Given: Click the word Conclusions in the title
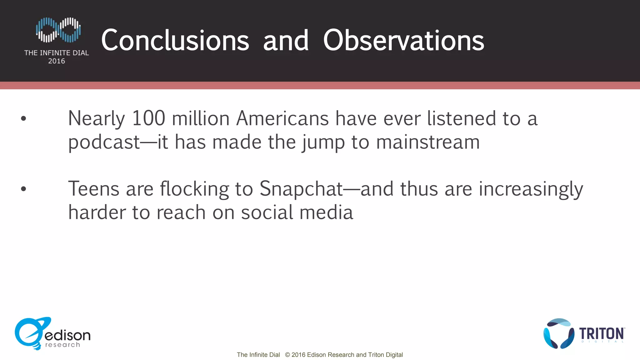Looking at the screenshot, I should click(x=175, y=41).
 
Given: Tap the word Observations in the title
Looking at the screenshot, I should click(x=403, y=41).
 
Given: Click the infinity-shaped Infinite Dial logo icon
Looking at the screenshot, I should click(x=58, y=30).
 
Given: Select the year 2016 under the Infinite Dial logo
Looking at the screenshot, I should click(x=57, y=61).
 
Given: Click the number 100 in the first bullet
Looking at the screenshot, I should click(x=148, y=118).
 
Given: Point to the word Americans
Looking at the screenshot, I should click(x=282, y=118).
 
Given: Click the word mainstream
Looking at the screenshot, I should click(x=428, y=142).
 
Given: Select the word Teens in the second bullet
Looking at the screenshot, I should click(x=94, y=189).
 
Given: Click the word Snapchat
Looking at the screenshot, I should click(x=301, y=189).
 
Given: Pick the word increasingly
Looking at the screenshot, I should click(x=531, y=189).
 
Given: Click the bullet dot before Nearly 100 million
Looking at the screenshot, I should click(x=23, y=118).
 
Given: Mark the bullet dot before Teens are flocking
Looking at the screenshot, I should click(x=23, y=189).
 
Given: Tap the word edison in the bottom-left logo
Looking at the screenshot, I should click(x=67, y=335).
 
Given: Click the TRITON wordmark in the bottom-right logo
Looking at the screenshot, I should click(x=602, y=334).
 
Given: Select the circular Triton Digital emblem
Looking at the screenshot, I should click(x=559, y=334).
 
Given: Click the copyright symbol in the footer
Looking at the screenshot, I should click(x=287, y=355).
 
